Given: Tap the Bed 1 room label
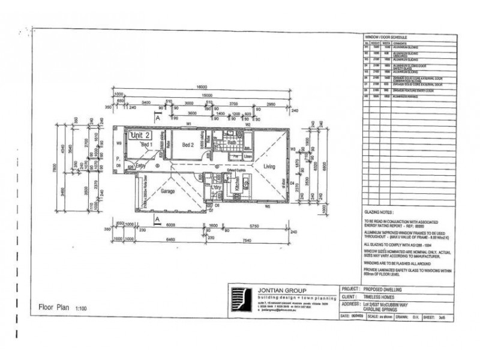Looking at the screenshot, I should coord(148,145).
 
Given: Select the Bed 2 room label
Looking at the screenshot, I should coord(188,145).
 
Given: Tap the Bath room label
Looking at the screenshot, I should coord(231,142).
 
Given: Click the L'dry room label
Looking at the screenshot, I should coord(217,188).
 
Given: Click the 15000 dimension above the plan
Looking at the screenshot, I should coord(208,95).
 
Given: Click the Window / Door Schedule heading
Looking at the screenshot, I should coord(391,37).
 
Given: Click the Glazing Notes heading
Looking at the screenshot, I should coord(379,212).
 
